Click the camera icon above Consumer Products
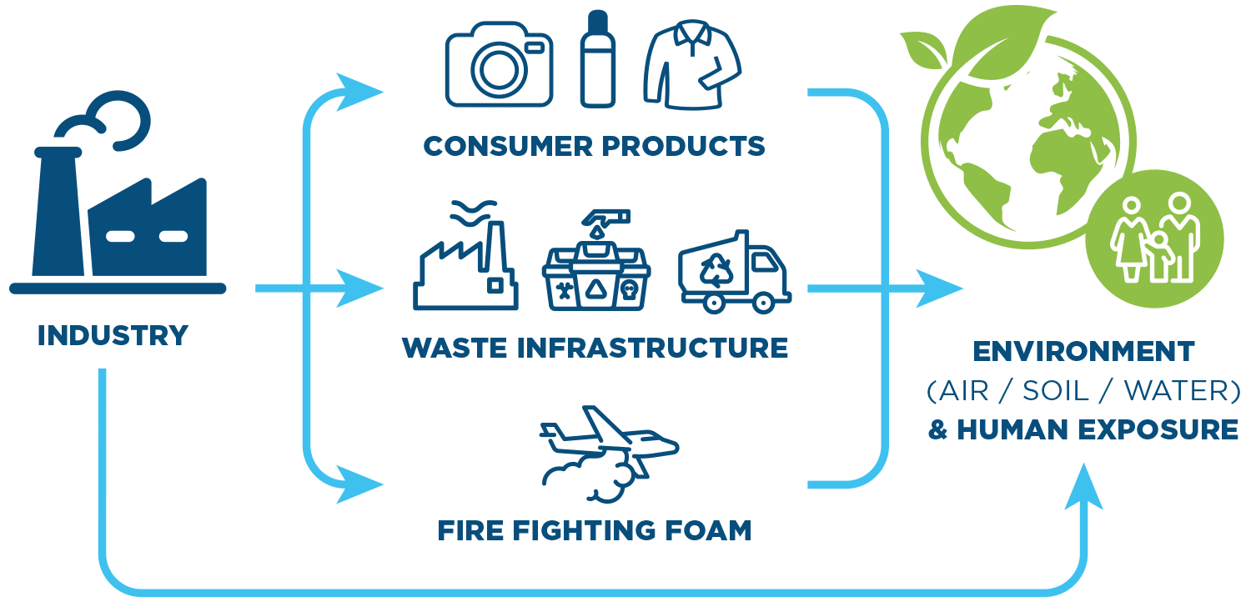(499, 64)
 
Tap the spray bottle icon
(598, 58)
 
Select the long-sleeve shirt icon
(692, 65)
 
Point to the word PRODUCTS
(683, 146)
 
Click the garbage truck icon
(735, 272)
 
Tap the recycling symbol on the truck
(716, 269)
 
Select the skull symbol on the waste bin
(630, 290)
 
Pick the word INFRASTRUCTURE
(652, 348)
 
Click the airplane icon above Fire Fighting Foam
(610, 454)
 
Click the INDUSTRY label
(113, 336)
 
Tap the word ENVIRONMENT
(1083, 352)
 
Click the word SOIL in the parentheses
(1056, 391)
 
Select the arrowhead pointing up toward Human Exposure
(1083, 486)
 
